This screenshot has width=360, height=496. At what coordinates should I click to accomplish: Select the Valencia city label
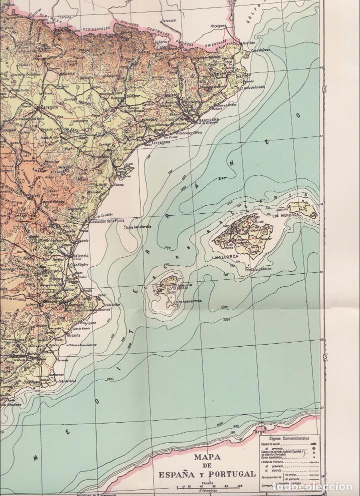pyautogui.click(x=79, y=255)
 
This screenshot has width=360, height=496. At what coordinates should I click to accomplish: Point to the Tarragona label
pyautogui.click(x=159, y=142)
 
